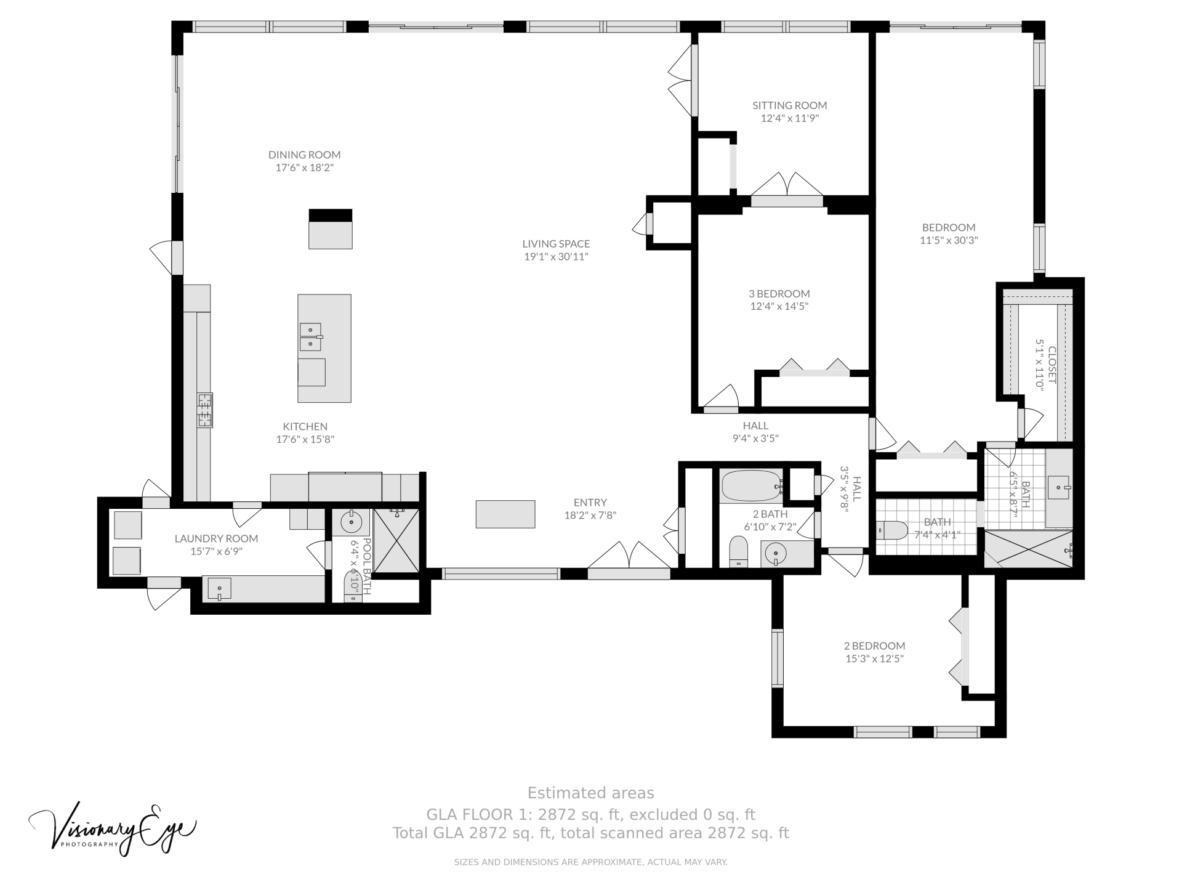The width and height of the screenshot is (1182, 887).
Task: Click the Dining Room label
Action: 304,155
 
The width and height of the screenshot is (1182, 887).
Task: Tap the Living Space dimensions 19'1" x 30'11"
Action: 556,257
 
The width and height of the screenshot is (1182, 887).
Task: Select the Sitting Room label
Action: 789,105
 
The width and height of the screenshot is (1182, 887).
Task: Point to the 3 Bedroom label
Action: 779,294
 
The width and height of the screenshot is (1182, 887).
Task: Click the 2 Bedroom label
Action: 874,646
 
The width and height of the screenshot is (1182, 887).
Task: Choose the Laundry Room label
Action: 216,538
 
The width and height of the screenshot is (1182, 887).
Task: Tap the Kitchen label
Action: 305,426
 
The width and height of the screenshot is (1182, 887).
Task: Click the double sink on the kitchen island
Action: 311,337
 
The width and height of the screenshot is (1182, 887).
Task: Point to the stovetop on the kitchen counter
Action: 204,410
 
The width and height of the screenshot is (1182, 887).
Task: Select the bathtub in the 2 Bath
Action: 751,486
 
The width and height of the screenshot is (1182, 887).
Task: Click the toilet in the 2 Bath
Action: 738,551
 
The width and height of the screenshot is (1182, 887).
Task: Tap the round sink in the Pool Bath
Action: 352,522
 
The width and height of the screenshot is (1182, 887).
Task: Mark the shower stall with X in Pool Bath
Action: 396,540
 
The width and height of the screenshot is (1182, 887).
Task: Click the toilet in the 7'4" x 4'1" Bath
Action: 892,530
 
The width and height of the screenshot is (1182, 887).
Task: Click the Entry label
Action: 590,503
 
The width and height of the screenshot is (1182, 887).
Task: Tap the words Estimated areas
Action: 590,793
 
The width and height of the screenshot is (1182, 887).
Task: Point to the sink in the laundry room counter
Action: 219,589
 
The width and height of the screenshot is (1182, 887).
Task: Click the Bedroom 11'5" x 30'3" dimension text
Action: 949,240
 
